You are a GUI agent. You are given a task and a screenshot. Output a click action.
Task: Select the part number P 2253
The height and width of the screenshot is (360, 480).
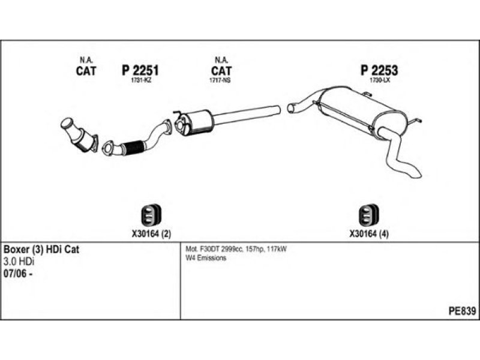(379, 71)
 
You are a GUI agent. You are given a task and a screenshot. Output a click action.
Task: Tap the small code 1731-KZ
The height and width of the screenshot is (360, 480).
(140, 80)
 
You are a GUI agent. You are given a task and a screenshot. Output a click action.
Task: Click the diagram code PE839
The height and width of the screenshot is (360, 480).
(462, 311)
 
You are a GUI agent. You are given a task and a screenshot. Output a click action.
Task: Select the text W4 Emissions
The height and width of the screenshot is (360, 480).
(206, 258)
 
